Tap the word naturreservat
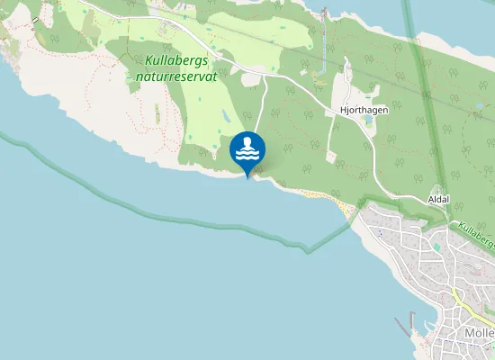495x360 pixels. pyautogui.click(x=178, y=76)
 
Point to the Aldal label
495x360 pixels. pyautogui.click(x=438, y=198)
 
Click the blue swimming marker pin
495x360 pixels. pyautogui.click(x=247, y=150)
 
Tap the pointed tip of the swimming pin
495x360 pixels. pyautogui.click(x=247, y=177)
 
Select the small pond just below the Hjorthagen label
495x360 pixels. pyautogui.click(x=367, y=119)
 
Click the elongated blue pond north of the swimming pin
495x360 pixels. pyautogui.click(x=224, y=116)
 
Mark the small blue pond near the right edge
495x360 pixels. pyautogui.click(x=480, y=105)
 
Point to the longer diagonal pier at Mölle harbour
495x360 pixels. pyautogui.click(x=402, y=328)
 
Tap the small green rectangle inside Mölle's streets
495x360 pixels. pyautogui.click(x=436, y=247)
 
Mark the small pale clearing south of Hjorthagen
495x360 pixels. pyautogui.click(x=331, y=157)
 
